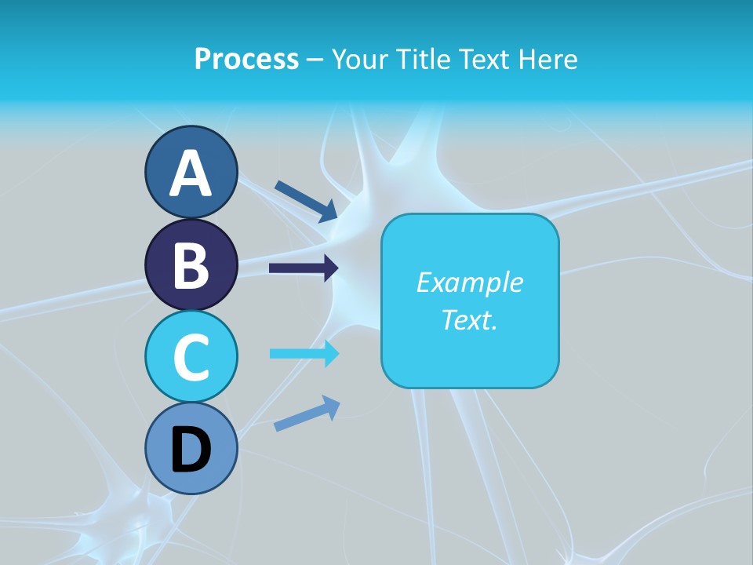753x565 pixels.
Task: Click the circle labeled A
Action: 191,172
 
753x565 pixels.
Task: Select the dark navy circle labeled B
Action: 191,264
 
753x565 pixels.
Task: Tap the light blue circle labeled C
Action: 191,356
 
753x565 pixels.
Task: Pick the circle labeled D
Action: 191,449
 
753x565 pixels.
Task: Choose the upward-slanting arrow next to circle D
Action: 307,414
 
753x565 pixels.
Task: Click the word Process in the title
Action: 246,59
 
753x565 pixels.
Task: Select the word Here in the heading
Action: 550,59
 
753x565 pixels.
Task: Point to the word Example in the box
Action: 469,282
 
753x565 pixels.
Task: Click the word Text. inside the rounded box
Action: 469,319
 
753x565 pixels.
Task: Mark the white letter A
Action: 191,173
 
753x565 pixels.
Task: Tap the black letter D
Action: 191,450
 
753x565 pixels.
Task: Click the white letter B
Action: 191,265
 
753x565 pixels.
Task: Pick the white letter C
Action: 191,357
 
